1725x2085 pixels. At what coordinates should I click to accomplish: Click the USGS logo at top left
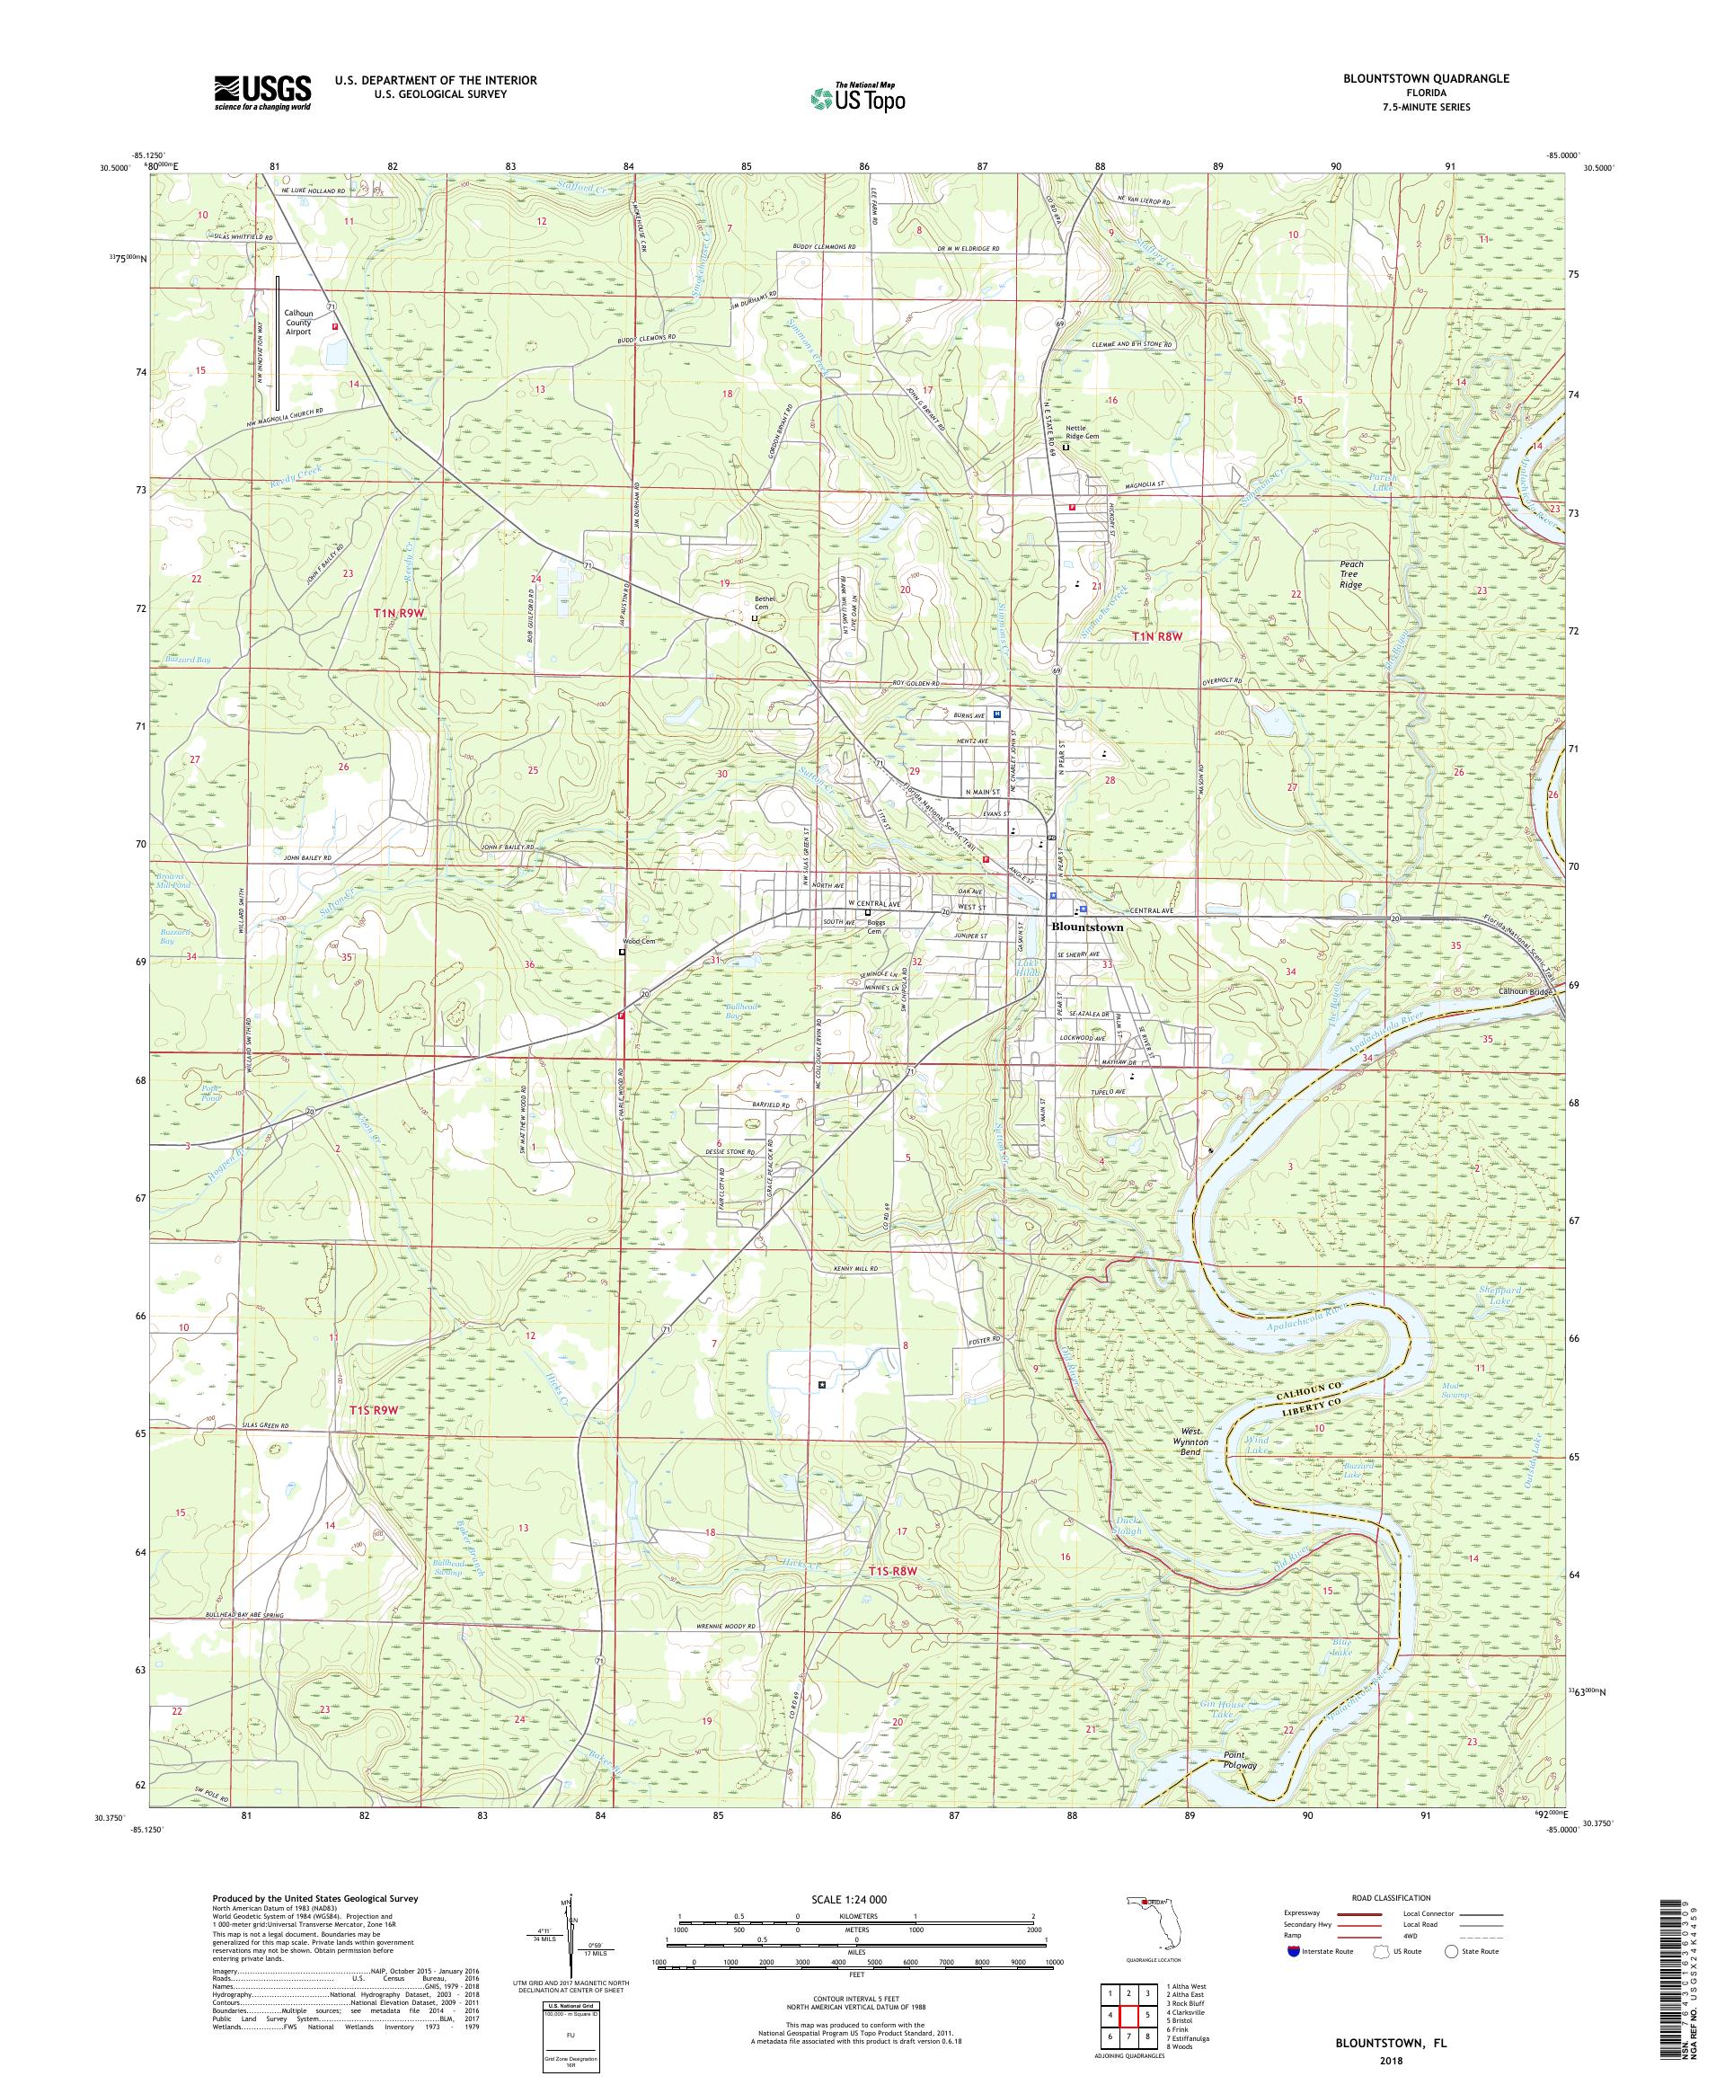point(262,93)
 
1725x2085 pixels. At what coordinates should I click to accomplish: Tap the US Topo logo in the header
point(859,97)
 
